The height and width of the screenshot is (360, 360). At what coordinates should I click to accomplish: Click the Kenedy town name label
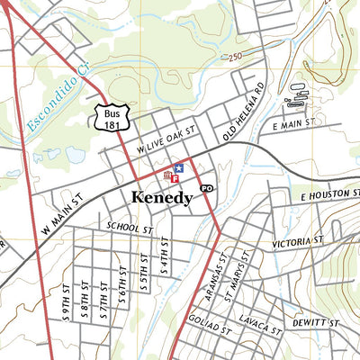(162, 197)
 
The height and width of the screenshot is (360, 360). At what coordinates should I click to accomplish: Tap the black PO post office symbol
(207, 188)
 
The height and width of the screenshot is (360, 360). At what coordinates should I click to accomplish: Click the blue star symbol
(178, 167)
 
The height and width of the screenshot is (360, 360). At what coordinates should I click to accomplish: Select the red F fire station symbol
(175, 178)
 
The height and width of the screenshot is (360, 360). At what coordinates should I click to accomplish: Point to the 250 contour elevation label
(237, 58)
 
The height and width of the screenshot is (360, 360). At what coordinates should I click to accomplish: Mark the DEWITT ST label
(315, 322)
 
